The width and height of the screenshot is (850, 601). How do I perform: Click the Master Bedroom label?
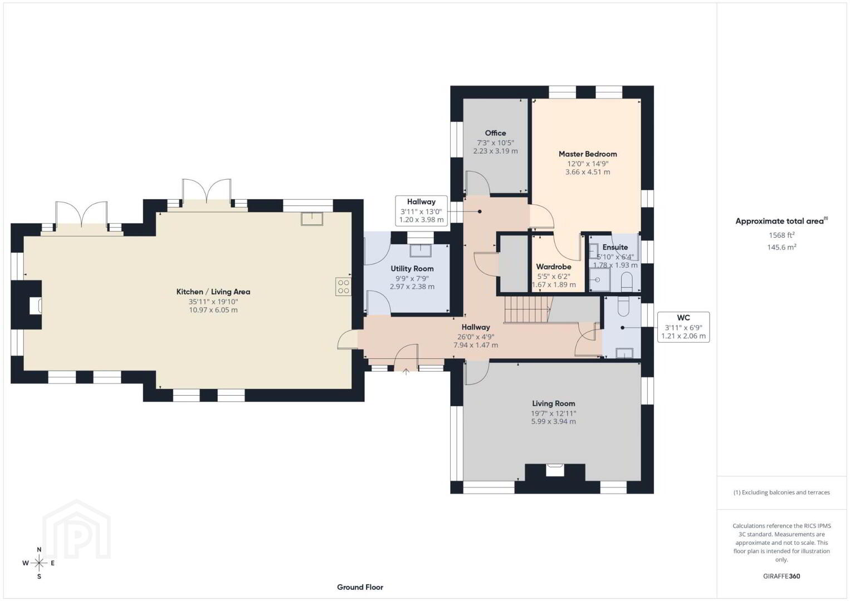click(588, 154)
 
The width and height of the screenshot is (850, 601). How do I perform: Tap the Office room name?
click(495, 133)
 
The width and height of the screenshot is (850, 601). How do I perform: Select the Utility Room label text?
click(412, 269)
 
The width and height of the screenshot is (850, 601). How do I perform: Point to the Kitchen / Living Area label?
click(213, 292)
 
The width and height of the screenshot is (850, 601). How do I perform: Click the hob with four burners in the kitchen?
click(343, 287)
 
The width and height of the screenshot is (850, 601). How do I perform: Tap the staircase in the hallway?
click(527, 310)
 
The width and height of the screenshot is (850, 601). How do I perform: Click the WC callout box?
click(683, 327)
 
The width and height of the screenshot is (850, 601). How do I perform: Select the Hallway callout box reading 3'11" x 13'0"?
click(421, 211)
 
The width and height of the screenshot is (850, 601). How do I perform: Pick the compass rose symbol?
click(39, 563)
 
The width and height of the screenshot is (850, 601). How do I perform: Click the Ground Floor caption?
click(360, 587)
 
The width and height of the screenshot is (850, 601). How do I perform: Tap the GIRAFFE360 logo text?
click(781, 577)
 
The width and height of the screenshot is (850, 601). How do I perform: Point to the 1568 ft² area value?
click(781, 235)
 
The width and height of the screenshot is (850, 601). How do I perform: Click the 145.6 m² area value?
click(781, 247)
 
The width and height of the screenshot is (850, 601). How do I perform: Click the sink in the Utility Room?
click(421, 251)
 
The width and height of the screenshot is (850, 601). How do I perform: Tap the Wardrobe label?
click(554, 267)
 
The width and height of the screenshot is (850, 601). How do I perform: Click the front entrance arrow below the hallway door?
click(406, 371)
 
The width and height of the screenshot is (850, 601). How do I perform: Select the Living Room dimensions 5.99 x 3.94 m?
click(554, 422)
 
